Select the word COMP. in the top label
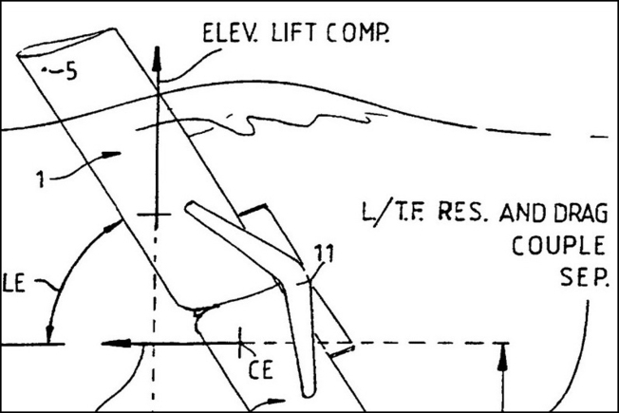[358, 33]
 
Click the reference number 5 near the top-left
[71, 71]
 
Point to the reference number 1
[40, 178]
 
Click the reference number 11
[324, 253]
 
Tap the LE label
[14, 284]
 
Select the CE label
[260, 370]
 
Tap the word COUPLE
[558, 245]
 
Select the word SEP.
[585, 277]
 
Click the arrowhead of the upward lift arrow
[157, 57]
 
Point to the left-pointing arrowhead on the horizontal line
[116, 343]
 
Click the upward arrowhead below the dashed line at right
[502, 357]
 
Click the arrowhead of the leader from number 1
[112, 155]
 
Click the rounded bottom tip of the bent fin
[309, 394]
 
